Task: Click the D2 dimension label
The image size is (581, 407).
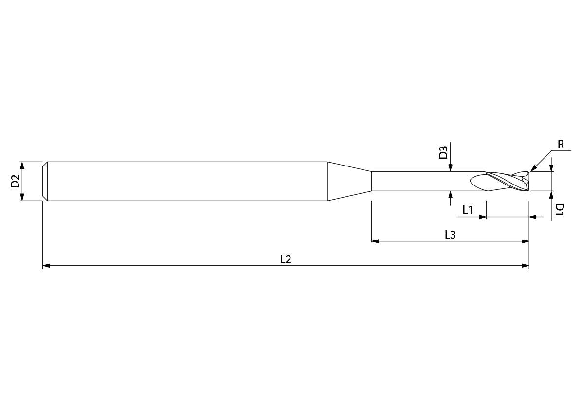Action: pyautogui.click(x=15, y=182)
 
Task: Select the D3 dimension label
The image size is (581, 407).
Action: pyautogui.click(x=443, y=153)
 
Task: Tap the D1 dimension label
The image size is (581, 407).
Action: pyautogui.click(x=560, y=210)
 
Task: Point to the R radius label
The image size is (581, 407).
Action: pyautogui.click(x=561, y=144)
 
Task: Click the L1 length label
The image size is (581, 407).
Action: pyautogui.click(x=468, y=210)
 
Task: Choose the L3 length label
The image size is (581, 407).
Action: pyautogui.click(x=450, y=235)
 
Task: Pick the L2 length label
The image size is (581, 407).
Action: pyautogui.click(x=286, y=259)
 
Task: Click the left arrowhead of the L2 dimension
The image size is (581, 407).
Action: pyautogui.click(x=46, y=266)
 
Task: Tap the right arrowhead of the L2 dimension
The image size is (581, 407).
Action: pyautogui.click(x=526, y=266)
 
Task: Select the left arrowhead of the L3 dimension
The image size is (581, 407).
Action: pyautogui.click(x=375, y=241)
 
